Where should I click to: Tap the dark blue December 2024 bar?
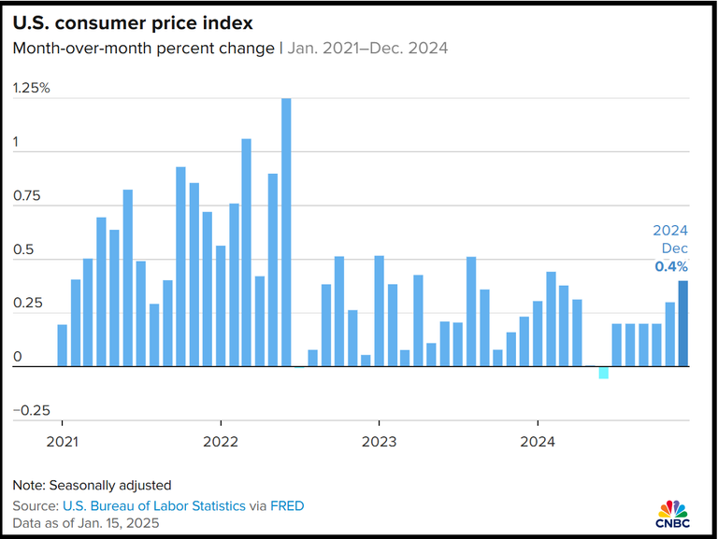(x=683, y=323)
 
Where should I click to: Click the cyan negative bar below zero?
(x=604, y=373)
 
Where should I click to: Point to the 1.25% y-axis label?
(x=32, y=89)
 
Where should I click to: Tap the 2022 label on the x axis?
(x=220, y=442)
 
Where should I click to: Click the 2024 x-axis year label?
(x=538, y=442)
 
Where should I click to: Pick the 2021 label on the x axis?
(x=62, y=442)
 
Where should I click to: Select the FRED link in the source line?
(x=288, y=505)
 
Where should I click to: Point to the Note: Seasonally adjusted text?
(x=92, y=486)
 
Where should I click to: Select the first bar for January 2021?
(x=63, y=345)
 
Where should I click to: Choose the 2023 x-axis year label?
(x=379, y=442)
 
